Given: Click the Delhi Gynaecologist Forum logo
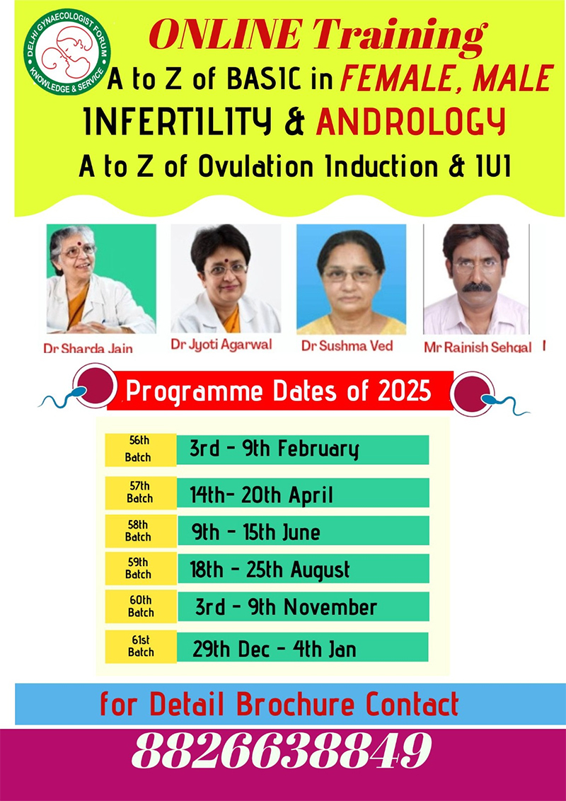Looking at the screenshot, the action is click(x=67, y=52).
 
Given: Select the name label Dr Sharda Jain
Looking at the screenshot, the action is click(x=88, y=348).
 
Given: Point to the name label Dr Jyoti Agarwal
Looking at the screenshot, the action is click(x=221, y=345).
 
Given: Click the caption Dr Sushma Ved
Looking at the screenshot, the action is click(x=347, y=346).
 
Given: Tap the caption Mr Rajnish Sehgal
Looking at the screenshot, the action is click(x=478, y=347).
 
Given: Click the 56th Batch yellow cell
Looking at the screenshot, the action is click(x=141, y=449).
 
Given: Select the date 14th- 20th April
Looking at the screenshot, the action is click(x=261, y=495).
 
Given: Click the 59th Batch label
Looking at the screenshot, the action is click(x=139, y=568).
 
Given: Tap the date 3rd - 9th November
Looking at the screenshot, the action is click(x=286, y=607).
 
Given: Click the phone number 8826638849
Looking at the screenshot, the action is click(x=282, y=751).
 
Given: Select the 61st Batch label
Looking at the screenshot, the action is click(x=141, y=646).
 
